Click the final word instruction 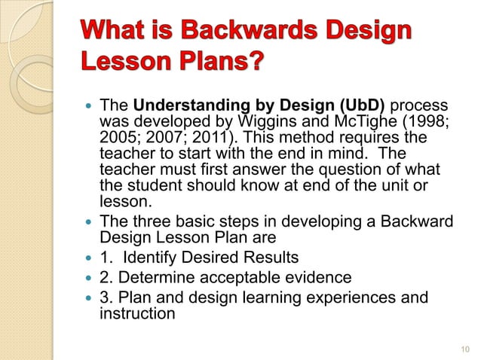tap(137, 312)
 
